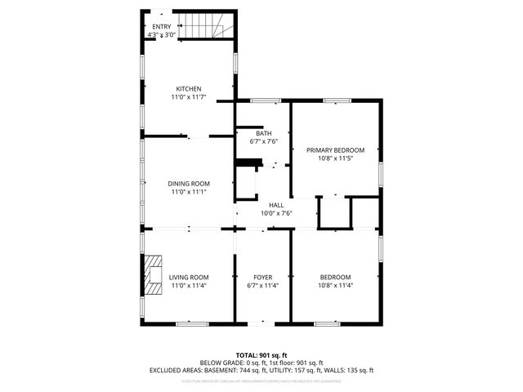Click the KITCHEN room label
point(189,89)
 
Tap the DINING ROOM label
point(190,184)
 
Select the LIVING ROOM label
point(189,278)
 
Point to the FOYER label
point(263,278)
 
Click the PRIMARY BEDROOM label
point(335,150)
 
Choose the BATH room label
point(263,133)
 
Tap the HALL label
point(276,205)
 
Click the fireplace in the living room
point(153,275)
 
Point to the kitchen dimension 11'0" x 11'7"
point(189,97)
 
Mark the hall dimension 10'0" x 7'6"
point(276,213)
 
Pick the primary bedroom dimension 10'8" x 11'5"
point(335,158)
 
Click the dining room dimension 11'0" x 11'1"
point(190,192)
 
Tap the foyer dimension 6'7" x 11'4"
point(263,286)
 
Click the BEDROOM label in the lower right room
point(335,278)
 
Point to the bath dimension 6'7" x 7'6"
point(263,141)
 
